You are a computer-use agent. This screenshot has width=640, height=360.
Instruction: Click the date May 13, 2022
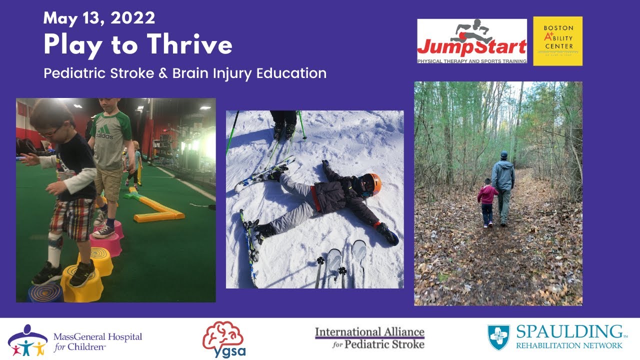click(99, 18)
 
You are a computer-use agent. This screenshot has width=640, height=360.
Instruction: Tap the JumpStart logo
click(472, 41)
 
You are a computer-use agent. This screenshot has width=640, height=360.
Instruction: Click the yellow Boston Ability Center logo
click(557, 41)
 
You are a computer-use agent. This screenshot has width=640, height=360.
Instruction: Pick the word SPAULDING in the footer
click(568, 331)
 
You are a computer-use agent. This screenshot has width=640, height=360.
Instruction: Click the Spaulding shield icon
click(498, 337)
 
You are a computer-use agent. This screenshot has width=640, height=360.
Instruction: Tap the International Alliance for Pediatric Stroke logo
click(369, 337)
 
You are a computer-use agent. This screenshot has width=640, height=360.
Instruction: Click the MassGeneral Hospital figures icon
click(28, 339)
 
